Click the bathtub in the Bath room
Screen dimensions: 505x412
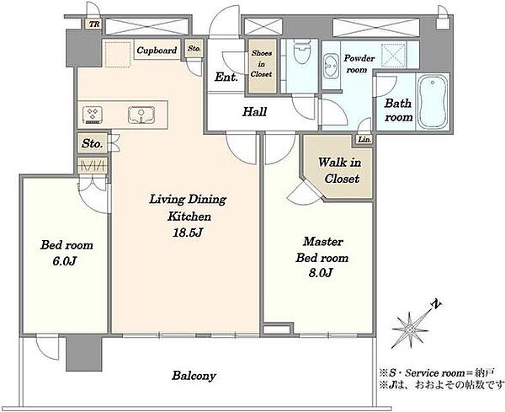coord(433,102)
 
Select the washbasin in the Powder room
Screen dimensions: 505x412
coord(330,67)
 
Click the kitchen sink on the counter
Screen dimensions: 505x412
coord(141,115)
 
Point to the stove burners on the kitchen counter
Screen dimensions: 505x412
coord(93,115)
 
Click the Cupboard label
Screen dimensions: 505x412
coord(157,51)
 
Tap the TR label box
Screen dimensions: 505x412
coord(94,24)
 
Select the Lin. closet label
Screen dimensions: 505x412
coord(364,140)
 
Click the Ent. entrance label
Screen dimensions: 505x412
coord(226,77)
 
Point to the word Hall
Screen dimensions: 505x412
coord(254,112)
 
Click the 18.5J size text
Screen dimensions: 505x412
coord(188,233)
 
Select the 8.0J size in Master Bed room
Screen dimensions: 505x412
coord(322,273)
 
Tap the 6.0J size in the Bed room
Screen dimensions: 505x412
coord(65,261)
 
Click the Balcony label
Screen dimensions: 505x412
coord(194,376)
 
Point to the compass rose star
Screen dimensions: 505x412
coord(410,329)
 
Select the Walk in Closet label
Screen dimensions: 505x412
coord(340,170)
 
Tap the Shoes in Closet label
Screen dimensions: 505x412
coord(262,63)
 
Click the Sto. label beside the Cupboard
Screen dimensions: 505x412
coord(194,48)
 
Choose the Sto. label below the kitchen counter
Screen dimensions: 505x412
coord(92,143)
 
